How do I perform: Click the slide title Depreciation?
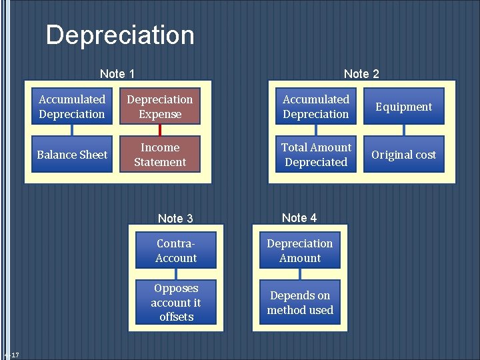pos(120,35)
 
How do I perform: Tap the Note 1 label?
pos(117,74)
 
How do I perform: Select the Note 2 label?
pos(361,74)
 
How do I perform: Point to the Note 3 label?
pos(175,219)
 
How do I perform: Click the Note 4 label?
pos(299,218)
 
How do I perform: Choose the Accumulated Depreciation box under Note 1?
pos(72,107)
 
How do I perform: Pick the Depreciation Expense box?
pos(160,107)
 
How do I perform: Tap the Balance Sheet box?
pos(72,155)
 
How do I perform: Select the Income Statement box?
pos(160,155)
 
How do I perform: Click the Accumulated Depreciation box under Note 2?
pos(316,107)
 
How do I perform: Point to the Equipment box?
pos(403,107)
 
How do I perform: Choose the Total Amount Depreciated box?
pos(316,155)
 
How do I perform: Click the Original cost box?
pos(403,155)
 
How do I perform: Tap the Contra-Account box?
pos(176,251)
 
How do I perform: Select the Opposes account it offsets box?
pos(176,303)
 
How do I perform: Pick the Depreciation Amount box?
pos(300,251)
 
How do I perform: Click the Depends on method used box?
pos(300,303)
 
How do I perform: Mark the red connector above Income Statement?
pos(160,131)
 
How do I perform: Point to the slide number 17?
pos(15,355)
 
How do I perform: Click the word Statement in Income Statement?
pos(160,162)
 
